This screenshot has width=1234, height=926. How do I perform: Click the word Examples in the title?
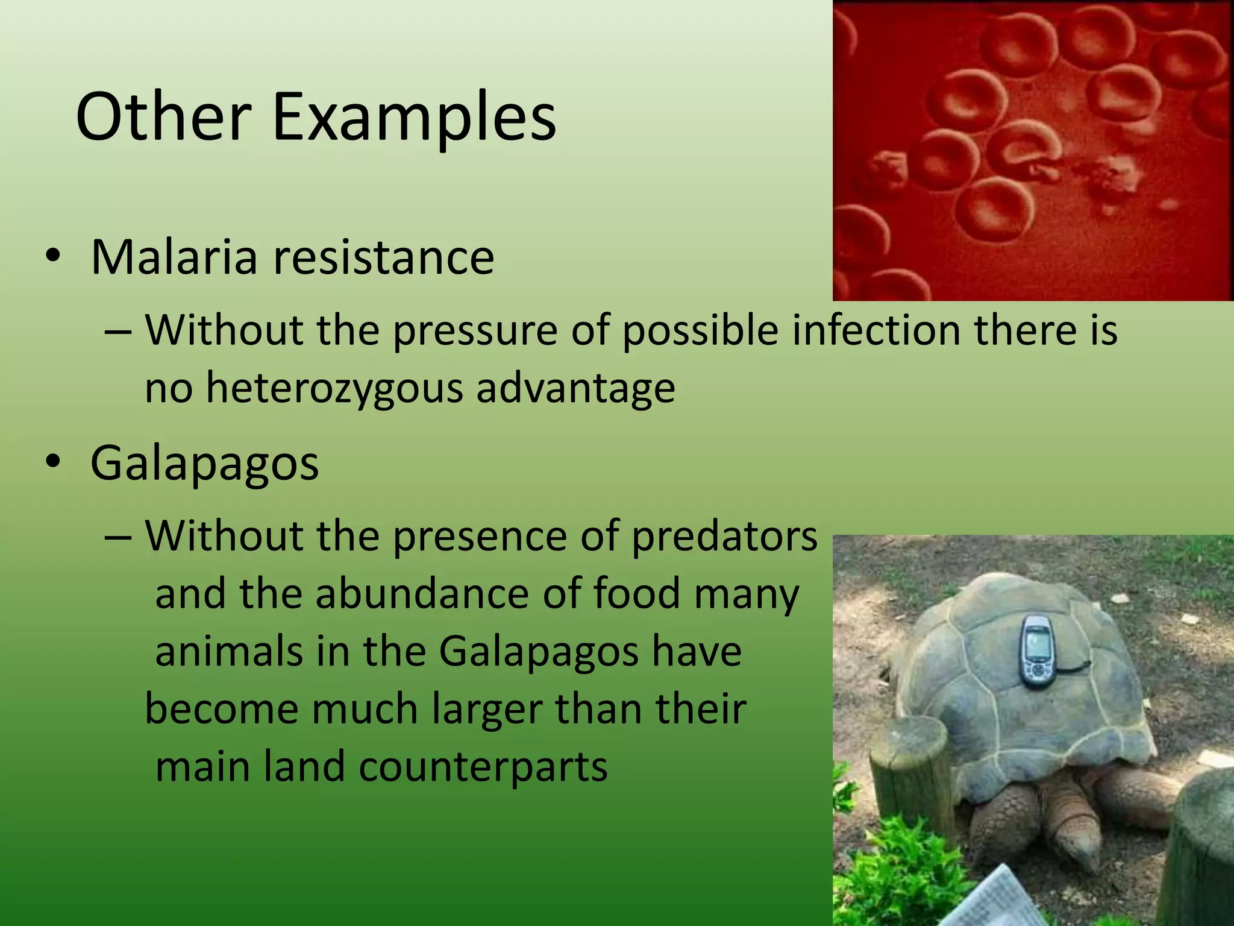(414, 118)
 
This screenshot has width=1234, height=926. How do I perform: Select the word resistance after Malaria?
(384, 257)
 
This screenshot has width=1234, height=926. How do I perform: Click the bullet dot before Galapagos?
(52, 463)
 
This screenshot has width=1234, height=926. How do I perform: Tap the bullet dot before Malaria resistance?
(52, 257)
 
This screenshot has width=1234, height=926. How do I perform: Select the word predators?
(725, 536)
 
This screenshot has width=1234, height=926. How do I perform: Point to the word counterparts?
(483, 767)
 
